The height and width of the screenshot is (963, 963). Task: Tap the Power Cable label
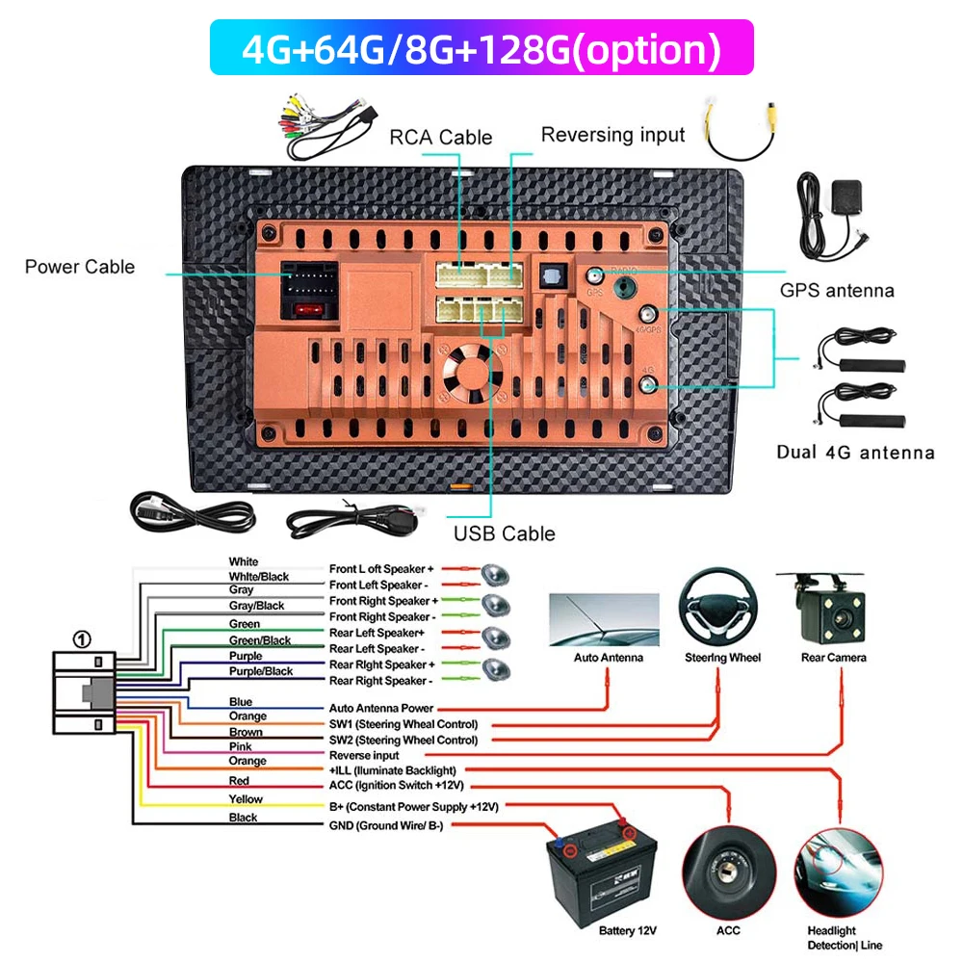pos(80,267)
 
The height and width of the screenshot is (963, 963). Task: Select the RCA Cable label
pos(440,137)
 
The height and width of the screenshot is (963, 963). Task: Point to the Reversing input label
pos(612,135)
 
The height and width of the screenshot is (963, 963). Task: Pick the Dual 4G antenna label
pos(855,453)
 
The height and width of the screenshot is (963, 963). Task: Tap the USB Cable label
pos(505,534)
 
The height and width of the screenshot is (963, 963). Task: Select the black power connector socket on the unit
pos(307,281)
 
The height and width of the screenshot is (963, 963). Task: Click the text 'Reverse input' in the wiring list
pos(364,756)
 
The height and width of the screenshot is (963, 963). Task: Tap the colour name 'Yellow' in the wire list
pos(246,799)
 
